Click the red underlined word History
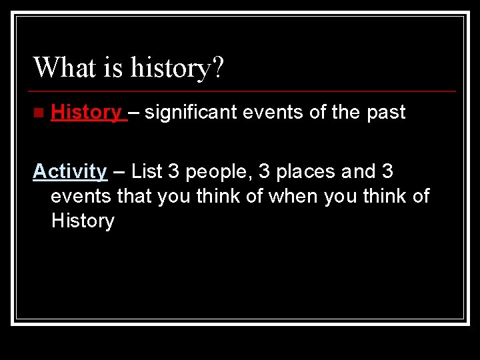click(86, 112)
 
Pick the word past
click(386, 113)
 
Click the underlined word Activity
click(70, 171)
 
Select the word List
click(147, 171)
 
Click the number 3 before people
click(174, 171)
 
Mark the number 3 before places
click(264, 171)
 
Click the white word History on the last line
click(83, 221)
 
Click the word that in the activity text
click(135, 196)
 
